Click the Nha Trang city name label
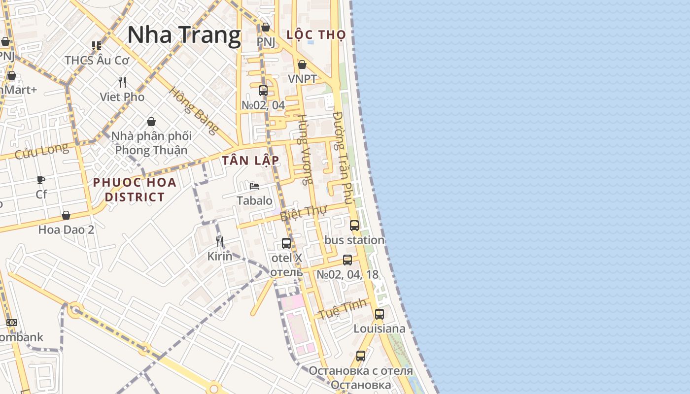click(184, 35)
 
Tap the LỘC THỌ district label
click(316, 34)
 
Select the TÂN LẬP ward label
click(250, 160)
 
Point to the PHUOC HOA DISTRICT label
click(135, 190)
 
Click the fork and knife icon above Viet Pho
click(122, 82)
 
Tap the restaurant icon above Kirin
click(220, 241)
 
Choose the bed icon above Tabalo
click(254, 186)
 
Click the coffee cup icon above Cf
click(41, 180)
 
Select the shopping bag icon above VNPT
click(302, 65)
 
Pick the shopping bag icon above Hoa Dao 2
click(66, 215)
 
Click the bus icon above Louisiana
click(379, 314)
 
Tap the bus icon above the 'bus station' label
click(354, 226)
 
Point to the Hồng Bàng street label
click(194, 111)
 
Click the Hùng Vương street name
click(305, 149)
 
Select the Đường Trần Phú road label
click(343, 158)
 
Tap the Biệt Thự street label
click(304, 213)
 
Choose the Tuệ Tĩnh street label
click(343, 308)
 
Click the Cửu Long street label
click(41, 151)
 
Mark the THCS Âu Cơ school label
click(97, 60)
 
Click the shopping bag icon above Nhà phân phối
click(151, 121)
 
